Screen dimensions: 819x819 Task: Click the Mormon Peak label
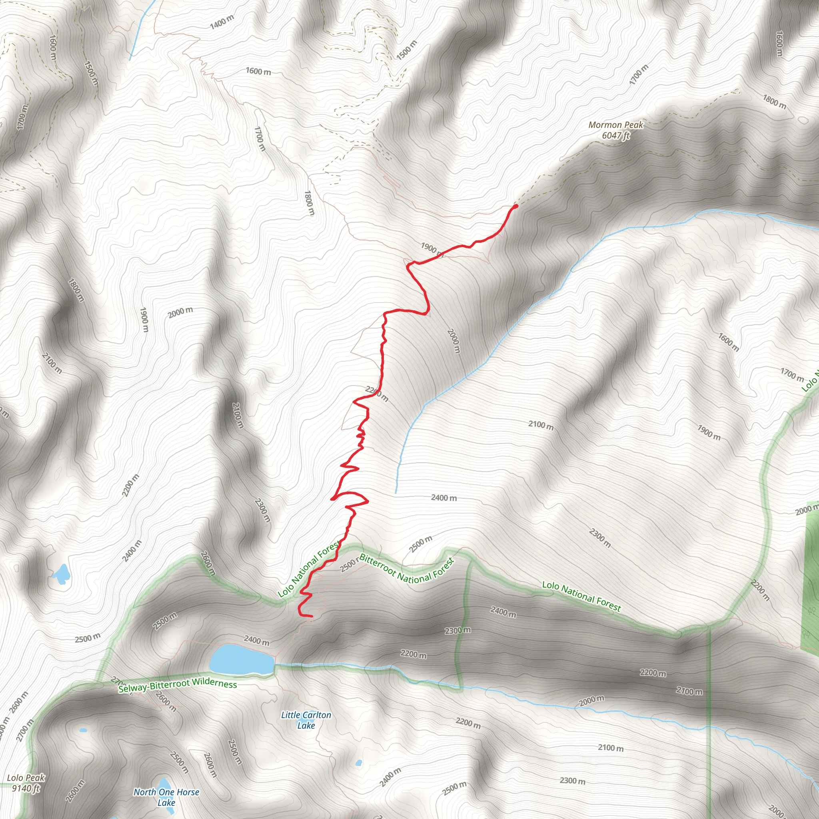tap(615, 125)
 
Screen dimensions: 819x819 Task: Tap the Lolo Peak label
tap(26, 777)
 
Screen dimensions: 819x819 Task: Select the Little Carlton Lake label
tap(306, 720)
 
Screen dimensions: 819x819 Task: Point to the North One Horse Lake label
tap(166, 797)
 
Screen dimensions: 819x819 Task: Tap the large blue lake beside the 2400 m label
tap(241, 659)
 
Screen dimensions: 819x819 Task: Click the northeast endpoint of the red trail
tap(516, 206)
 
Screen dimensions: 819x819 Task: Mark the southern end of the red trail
tap(311, 616)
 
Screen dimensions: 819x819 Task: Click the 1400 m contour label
tap(222, 22)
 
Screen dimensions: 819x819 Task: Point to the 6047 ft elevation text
tap(616, 135)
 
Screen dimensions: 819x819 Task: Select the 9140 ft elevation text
tap(26, 788)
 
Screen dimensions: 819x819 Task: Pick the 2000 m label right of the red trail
tap(453, 341)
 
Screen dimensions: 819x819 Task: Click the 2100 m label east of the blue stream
tap(541, 425)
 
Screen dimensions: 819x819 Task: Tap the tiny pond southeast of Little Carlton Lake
tap(359, 763)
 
